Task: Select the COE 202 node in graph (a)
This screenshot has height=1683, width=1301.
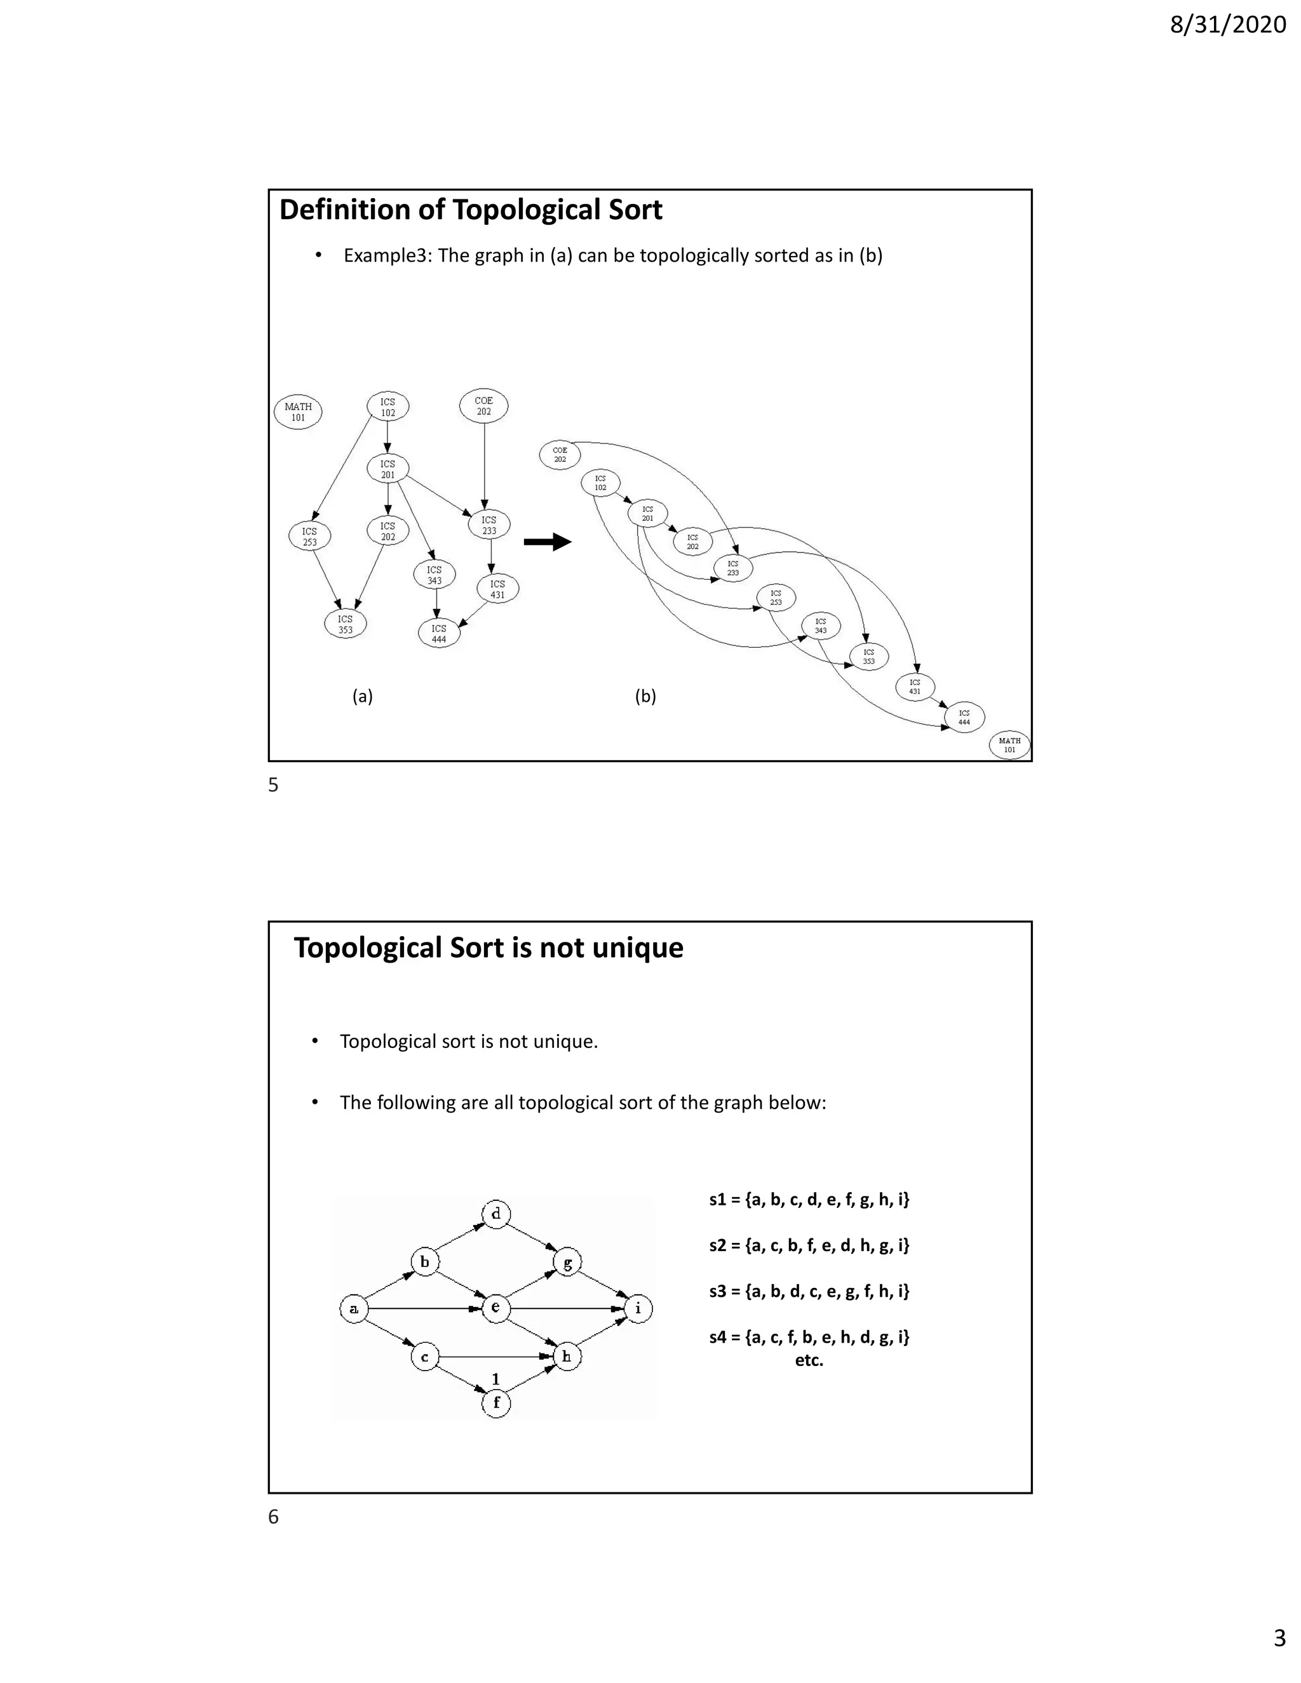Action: tap(483, 406)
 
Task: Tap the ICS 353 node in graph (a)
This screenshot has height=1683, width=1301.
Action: tap(346, 624)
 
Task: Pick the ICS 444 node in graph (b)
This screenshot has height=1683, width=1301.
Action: tap(964, 718)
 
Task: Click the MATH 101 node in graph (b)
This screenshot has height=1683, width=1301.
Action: tap(1009, 745)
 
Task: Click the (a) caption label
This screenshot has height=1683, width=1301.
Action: tap(362, 697)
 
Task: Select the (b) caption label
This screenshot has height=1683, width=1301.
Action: tap(645, 697)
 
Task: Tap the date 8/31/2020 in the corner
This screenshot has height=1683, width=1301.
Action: tap(1227, 25)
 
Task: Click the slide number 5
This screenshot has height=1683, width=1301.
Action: tap(273, 785)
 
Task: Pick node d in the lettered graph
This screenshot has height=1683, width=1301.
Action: tap(495, 1214)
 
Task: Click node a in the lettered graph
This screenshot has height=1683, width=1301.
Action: tap(354, 1308)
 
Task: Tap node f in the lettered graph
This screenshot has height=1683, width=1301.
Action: tap(495, 1402)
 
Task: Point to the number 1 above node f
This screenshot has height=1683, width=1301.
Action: tap(495, 1379)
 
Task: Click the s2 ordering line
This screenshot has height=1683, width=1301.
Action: tap(809, 1245)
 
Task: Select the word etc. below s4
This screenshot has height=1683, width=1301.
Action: tap(809, 1360)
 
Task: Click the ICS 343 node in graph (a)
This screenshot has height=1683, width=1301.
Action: tap(435, 575)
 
